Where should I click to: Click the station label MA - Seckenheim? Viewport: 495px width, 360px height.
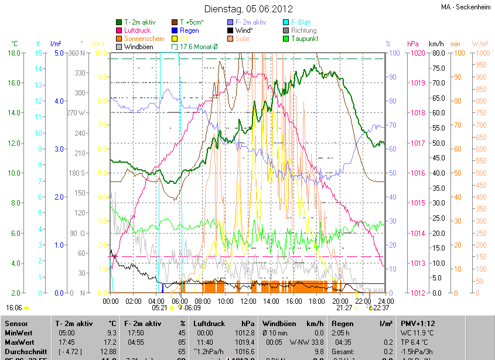click(x=467, y=7)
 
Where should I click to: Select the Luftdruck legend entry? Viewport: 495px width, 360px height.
click(x=138, y=30)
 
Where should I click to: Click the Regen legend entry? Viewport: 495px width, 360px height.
click(x=189, y=30)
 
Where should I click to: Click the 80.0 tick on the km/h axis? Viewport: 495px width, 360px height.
click(x=437, y=53)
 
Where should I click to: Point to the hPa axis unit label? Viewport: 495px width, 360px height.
click(x=413, y=44)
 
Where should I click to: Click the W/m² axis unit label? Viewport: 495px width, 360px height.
click(x=480, y=44)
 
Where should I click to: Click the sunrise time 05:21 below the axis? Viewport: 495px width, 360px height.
click(x=159, y=307)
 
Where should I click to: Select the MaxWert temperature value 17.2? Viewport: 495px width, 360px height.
click(x=112, y=342)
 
